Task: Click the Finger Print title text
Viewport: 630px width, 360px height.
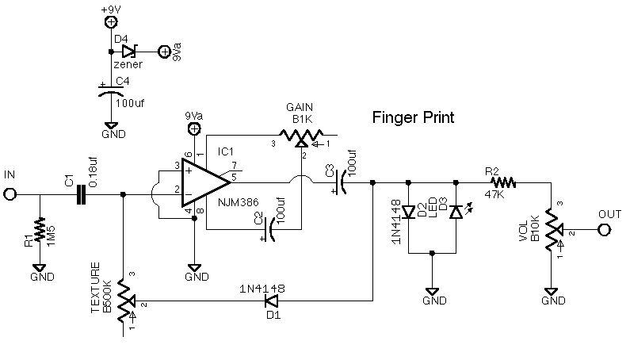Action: point(414,119)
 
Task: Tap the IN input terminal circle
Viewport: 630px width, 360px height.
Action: point(11,193)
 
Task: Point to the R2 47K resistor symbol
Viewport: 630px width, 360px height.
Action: point(502,182)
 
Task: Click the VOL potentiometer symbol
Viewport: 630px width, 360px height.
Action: point(552,231)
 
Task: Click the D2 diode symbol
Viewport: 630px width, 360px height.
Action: point(407,213)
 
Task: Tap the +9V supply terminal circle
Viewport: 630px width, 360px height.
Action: point(111,23)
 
